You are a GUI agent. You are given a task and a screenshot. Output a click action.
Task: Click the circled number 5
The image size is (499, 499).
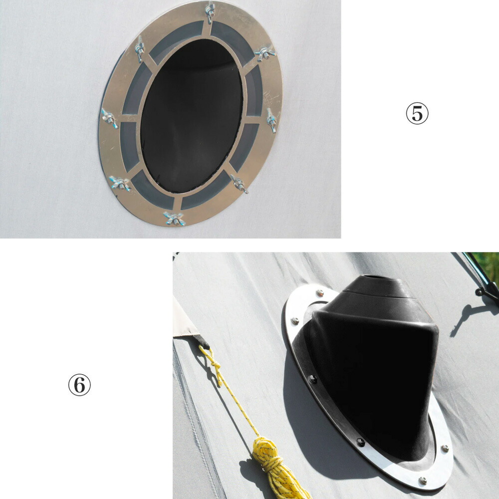(x=417, y=113)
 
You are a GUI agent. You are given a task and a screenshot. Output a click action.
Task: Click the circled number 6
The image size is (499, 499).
(x=79, y=385)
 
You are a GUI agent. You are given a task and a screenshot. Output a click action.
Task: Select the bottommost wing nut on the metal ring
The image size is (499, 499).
(x=174, y=219)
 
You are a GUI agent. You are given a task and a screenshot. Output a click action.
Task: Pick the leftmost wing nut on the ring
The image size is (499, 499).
(x=109, y=118)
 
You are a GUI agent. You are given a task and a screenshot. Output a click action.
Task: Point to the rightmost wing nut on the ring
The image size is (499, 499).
(x=271, y=120)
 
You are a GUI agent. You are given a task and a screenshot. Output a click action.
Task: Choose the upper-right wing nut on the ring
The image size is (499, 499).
(x=265, y=53)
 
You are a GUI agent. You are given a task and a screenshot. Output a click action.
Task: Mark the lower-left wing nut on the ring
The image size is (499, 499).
(x=120, y=183)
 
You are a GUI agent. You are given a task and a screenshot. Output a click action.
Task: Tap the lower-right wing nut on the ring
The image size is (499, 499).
(x=240, y=184)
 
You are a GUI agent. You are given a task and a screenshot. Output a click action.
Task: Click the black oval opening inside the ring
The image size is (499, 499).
(x=192, y=116)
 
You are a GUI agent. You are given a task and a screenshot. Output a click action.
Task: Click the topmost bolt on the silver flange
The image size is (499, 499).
(x=320, y=292)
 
